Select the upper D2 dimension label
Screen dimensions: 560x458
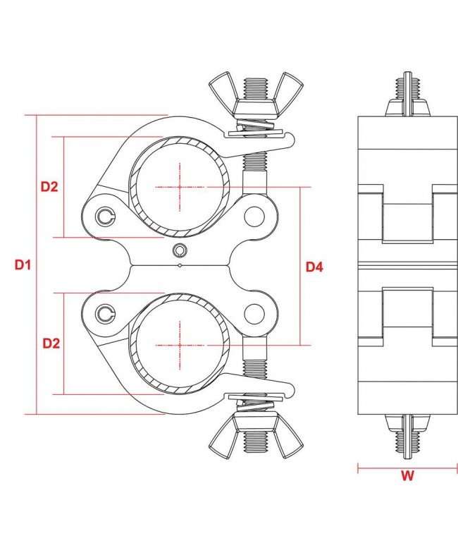coord(49,187)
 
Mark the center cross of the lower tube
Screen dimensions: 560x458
coord(180,345)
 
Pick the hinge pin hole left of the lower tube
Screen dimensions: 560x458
coord(106,312)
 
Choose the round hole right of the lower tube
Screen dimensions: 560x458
coord(253,312)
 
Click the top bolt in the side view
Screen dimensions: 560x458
coord(407,95)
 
